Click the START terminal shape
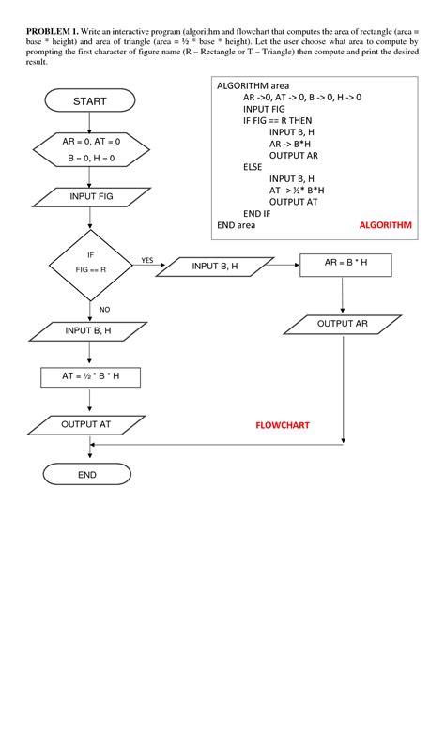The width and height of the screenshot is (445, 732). click(x=89, y=100)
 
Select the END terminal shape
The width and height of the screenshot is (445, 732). click(x=87, y=475)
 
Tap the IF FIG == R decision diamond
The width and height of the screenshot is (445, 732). click(x=90, y=262)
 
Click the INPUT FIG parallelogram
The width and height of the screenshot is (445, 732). click(x=90, y=197)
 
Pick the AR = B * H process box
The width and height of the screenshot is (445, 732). click(x=345, y=265)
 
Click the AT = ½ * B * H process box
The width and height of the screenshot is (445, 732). click(x=90, y=377)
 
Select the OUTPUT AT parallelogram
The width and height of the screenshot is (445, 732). click(x=86, y=425)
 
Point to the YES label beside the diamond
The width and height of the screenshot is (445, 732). click(x=147, y=260)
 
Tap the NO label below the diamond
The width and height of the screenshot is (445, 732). click(x=104, y=309)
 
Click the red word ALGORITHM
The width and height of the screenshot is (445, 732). click(x=385, y=226)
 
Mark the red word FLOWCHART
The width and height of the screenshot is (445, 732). click(x=283, y=425)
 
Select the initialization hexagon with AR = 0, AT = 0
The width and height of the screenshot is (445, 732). click(x=90, y=149)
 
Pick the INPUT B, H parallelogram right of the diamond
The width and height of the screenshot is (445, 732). click(x=215, y=267)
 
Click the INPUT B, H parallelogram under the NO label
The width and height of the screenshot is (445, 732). click(x=88, y=331)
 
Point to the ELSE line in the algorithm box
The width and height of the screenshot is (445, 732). click(x=253, y=166)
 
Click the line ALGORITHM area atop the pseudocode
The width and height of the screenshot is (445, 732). click(x=249, y=85)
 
